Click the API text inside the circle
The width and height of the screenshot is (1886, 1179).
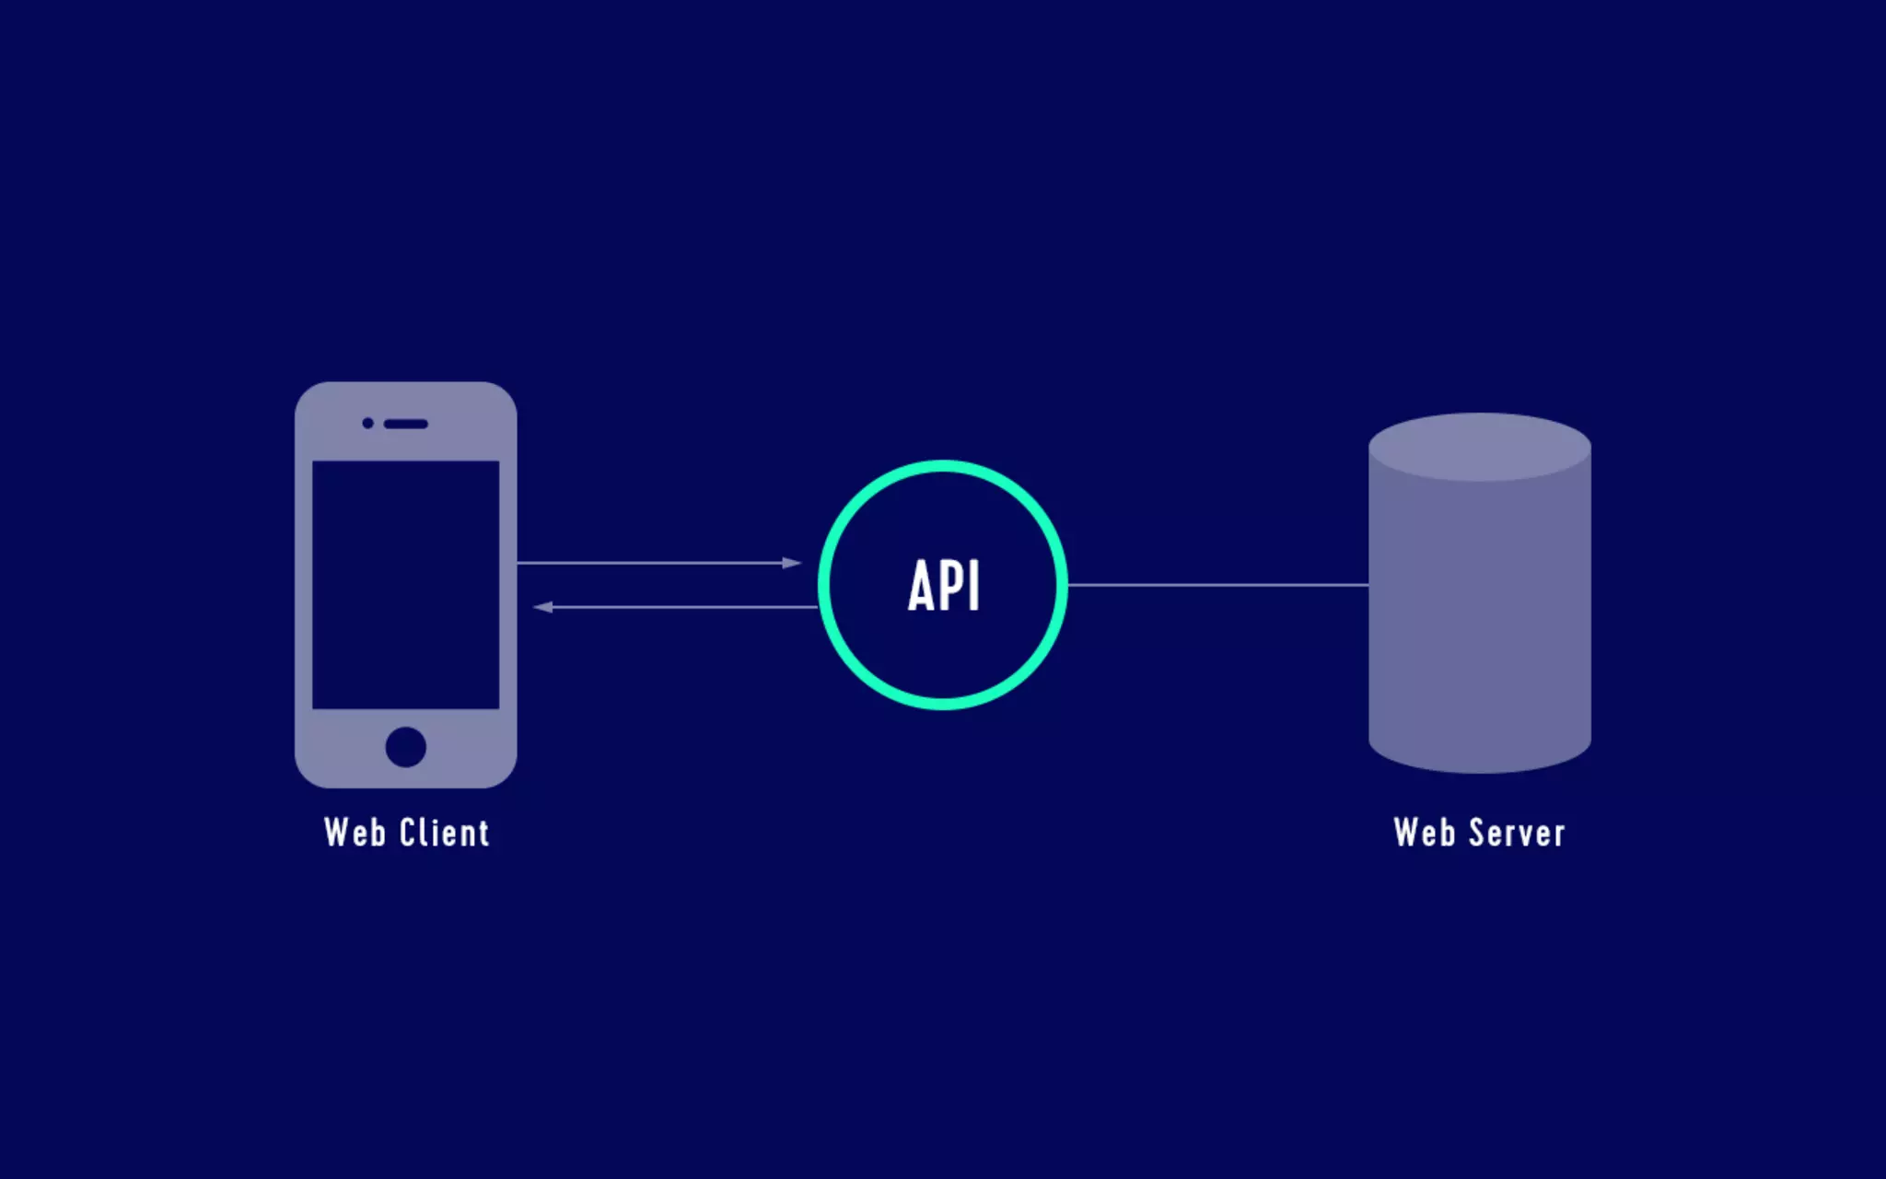[943, 585]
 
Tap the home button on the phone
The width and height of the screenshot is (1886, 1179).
[405, 746]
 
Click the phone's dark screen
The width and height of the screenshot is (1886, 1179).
[405, 585]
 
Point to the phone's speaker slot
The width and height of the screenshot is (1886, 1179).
[405, 424]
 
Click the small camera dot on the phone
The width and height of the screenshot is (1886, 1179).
[367, 423]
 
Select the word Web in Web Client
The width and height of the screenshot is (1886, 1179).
[355, 833]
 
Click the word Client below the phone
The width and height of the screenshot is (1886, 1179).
[444, 833]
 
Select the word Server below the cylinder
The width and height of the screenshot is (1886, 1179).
[1517, 833]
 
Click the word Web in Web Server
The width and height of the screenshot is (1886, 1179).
[1424, 833]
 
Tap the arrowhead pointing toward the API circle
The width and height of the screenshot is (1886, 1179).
[792, 563]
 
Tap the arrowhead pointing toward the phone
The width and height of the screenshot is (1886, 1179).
[543, 607]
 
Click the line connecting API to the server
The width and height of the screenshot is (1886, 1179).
[1216, 585]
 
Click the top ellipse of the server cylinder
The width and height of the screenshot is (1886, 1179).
[1479, 447]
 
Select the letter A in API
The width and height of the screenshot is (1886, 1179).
[921, 586]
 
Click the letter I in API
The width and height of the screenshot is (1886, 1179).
[975, 586]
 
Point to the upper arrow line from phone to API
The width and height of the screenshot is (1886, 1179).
[645, 563]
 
